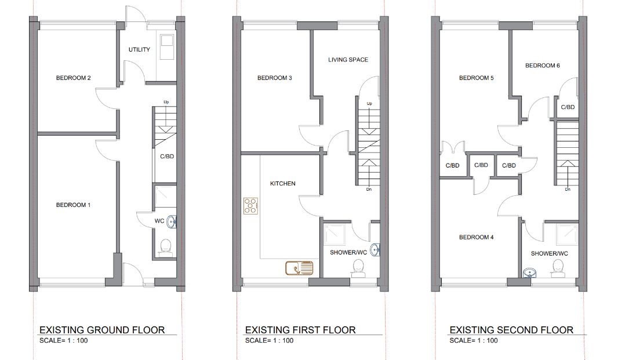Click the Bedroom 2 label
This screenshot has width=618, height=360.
(x=73, y=78)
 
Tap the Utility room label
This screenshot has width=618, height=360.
(x=139, y=50)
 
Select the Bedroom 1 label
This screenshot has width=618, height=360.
(x=73, y=205)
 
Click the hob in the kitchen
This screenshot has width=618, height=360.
(x=250, y=206)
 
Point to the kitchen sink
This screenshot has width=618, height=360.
(x=299, y=268)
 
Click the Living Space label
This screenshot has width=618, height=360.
(x=348, y=60)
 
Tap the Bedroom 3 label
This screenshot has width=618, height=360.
(x=275, y=78)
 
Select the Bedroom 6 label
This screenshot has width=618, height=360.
(x=542, y=66)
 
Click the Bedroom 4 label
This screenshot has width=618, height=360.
(x=476, y=237)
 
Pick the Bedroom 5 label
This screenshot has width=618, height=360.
(x=476, y=78)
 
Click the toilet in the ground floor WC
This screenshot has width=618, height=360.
(x=166, y=248)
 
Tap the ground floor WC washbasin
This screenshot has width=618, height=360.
(x=172, y=221)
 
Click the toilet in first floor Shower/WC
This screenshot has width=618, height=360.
(x=359, y=268)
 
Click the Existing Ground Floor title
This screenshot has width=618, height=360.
(x=102, y=330)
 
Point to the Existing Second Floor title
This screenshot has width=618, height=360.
(x=511, y=330)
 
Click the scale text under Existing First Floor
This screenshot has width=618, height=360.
(x=269, y=341)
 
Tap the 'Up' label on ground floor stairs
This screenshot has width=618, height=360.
(x=166, y=102)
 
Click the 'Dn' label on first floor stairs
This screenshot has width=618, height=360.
(x=369, y=190)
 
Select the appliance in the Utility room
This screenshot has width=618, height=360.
(x=167, y=47)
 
